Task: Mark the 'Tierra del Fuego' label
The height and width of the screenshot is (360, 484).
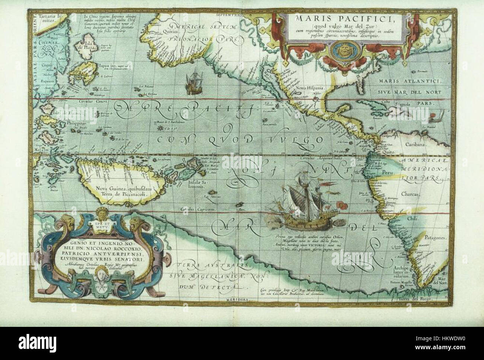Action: [420, 300]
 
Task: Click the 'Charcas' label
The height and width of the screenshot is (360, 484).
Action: [413, 194]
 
